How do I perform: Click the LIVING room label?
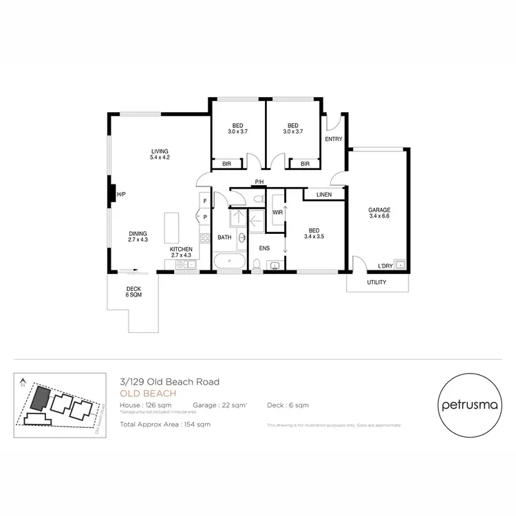pos(160,154)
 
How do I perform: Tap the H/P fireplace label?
pos(121,195)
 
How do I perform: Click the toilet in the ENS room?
pos(256,264)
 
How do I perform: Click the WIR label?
pos(278,213)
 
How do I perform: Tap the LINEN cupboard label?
pos(323,195)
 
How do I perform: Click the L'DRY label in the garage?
pos(385,266)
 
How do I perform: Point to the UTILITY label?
pos(376,282)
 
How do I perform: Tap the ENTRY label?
pos(334,139)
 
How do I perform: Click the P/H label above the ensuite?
pos(259,182)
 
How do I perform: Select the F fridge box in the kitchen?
pos(204,201)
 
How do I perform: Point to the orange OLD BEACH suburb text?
pos(147,394)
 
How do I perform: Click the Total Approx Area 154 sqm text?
pos(164,424)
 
